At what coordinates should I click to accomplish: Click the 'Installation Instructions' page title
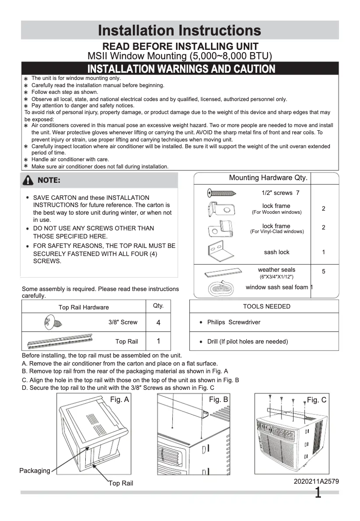[x=180, y=31]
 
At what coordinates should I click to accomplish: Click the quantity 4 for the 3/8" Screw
[x=158, y=322]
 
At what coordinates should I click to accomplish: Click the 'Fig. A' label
[x=119, y=400]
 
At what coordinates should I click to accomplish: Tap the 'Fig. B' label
[x=219, y=400]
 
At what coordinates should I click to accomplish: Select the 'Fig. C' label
[x=316, y=400]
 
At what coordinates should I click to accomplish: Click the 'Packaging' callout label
[x=35, y=471]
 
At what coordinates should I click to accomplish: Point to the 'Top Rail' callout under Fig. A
[x=121, y=483]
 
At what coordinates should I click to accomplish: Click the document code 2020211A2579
[x=316, y=481]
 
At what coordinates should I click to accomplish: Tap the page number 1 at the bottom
[x=318, y=493]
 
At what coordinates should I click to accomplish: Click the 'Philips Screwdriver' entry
[x=233, y=322]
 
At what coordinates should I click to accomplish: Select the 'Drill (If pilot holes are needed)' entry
[x=247, y=341]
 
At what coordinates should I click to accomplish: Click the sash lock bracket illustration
[x=220, y=250]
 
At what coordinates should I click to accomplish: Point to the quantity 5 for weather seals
[x=324, y=271]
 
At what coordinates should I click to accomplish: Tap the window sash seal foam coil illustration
[x=220, y=289]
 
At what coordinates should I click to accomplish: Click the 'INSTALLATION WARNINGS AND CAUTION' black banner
[x=181, y=69]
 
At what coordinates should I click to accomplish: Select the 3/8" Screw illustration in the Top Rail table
[x=53, y=322]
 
